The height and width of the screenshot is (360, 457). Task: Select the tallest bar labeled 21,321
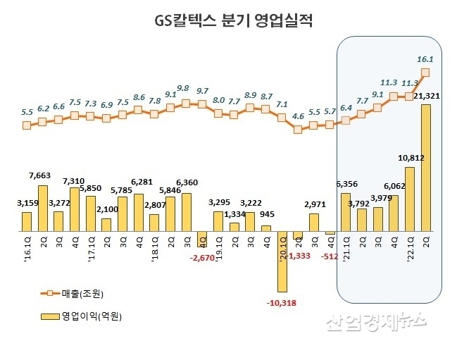tap(425, 168)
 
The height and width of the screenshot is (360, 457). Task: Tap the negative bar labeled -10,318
tap(282, 261)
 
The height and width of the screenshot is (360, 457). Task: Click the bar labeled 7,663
tap(42, 208)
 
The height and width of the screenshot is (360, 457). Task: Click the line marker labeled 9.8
tap(186, 103)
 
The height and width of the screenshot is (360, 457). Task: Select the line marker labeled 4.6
tap(298, 129)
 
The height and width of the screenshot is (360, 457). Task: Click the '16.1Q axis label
tap(27, 247)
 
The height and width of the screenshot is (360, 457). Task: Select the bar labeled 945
tap(265, 228)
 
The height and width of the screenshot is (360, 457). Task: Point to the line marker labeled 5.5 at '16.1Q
tap(27, 125)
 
